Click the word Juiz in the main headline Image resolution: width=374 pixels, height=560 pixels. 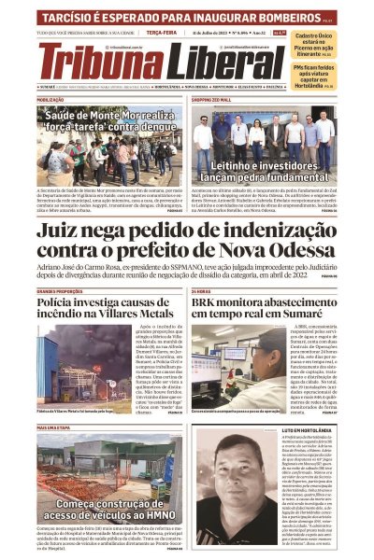pos(67,231)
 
